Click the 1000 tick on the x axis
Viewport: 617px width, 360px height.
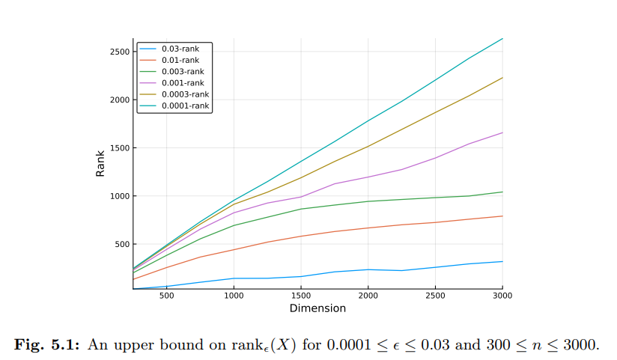pos(234,296)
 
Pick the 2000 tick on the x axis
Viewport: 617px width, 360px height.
pos(368,296)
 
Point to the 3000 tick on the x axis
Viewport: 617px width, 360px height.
pos(502,296)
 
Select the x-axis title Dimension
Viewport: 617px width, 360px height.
pos(317,308)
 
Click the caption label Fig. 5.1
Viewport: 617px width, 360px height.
pos(49,344)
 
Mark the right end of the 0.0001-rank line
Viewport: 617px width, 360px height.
pos(502,38)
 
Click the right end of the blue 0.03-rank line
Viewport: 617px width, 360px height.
pos(502,261)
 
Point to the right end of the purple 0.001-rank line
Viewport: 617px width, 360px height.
pos(502,132)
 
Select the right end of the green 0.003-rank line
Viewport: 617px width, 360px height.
pos(502,192)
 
